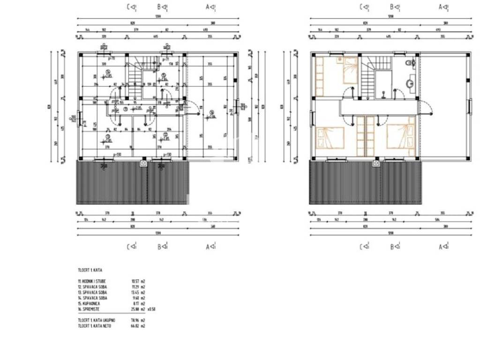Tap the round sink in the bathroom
(409, 84)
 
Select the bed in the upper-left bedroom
(349, 70)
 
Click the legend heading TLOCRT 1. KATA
(90, 270)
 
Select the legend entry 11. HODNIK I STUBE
(92, 281)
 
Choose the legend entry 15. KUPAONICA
(90, 303)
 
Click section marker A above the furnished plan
(442, 7)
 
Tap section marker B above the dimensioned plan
(162, 7)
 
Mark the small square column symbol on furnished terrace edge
(376, 164)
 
